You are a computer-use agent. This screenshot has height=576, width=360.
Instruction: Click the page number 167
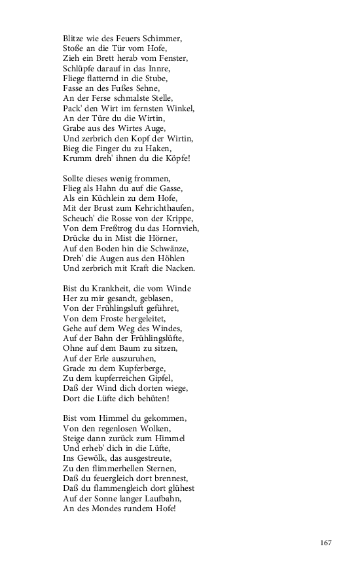pyautogui.click(x=327, y=543)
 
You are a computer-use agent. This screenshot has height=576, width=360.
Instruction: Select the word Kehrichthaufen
pyautogui.click(x=166, y=208)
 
